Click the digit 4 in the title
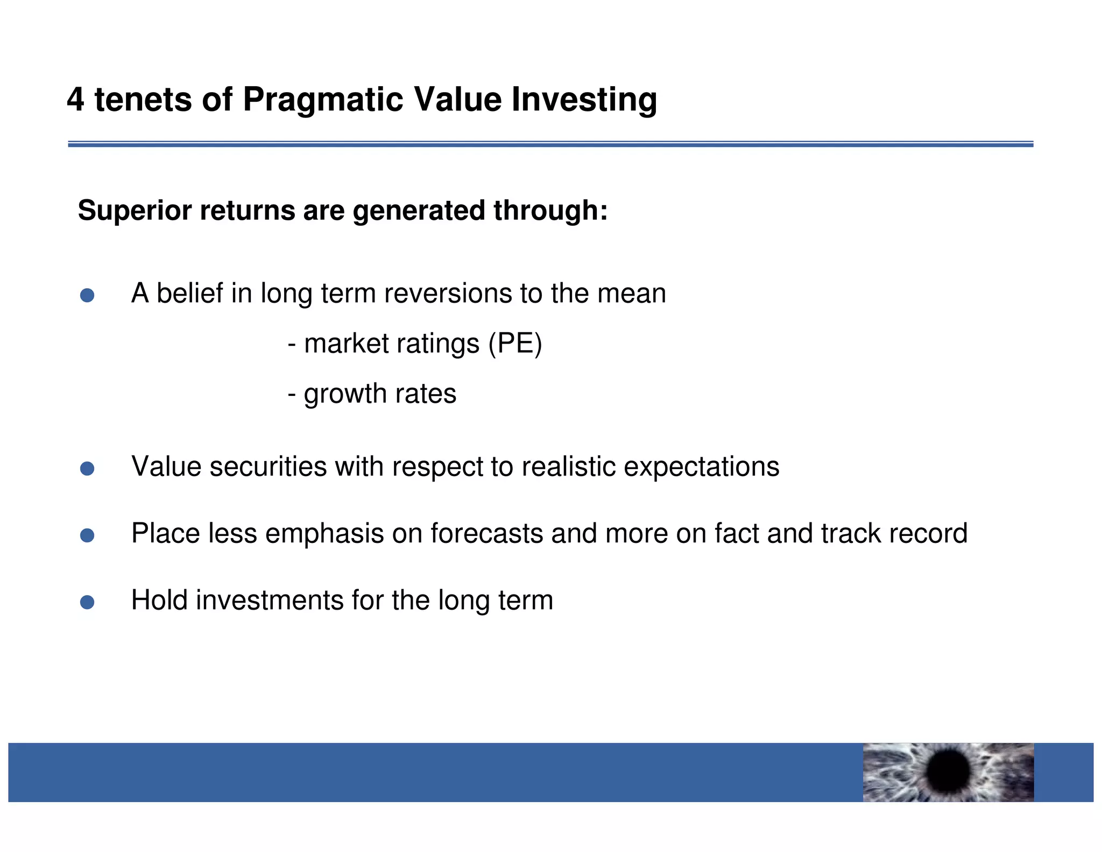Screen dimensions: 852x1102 coord(76,100)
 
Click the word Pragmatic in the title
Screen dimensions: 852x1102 coord(322,100)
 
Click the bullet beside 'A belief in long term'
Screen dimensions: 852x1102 coord(87,295)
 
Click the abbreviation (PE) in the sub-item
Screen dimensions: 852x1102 coord(515,344)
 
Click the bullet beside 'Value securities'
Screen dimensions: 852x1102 coord(87,469)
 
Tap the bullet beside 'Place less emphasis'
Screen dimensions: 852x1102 coord(87,535)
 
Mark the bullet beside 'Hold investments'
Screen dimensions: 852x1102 coord(87,602)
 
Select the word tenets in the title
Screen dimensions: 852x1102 coord(143,100)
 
